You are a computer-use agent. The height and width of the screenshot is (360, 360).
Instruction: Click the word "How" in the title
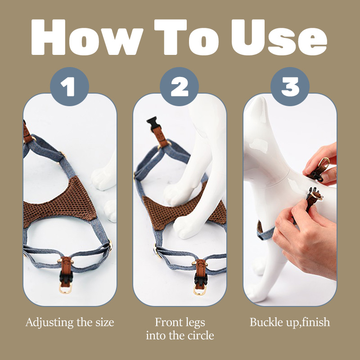click(x=87, y=37)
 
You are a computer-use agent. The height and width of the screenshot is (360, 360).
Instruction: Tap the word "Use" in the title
click(x=279, y=37)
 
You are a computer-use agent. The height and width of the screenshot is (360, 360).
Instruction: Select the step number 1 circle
click(x=69, y=86)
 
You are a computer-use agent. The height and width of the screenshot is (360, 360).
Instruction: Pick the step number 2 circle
click(x=179, y=86)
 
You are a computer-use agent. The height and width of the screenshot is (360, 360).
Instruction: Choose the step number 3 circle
click(x=290, y=86)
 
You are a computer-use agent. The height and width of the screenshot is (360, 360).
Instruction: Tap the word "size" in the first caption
click(x=105, y=322)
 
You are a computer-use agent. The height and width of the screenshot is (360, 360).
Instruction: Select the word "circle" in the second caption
click(x=201, y=335)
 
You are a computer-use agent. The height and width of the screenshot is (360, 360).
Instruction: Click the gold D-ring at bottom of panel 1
click(x=65, y=288)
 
